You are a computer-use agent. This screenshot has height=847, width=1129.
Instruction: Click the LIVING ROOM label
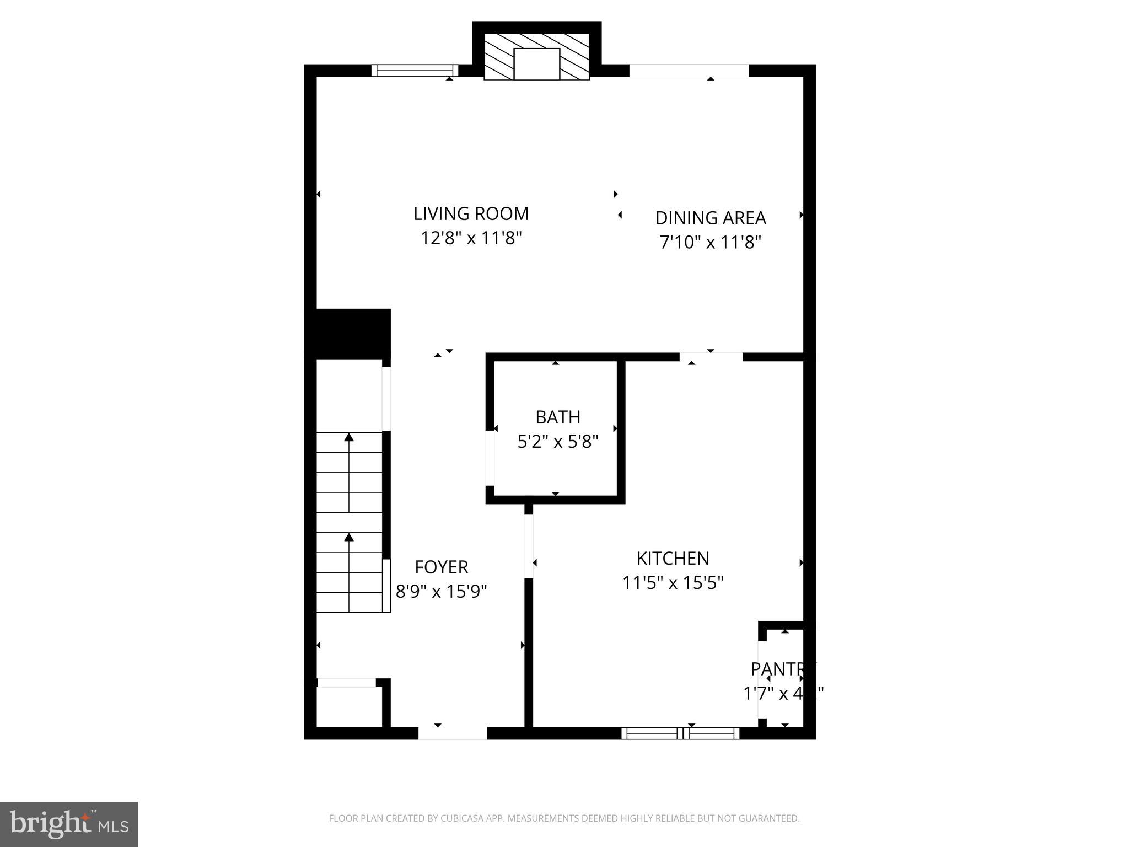[471, 213]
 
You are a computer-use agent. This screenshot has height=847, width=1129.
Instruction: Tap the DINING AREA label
[710, 218]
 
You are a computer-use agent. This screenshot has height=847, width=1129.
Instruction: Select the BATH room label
[558, 417]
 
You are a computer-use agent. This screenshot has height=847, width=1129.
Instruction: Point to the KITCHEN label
[673, 559]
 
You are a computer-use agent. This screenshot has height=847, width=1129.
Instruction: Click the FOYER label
[441, 567]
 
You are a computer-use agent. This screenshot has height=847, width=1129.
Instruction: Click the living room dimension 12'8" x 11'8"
[471, 238]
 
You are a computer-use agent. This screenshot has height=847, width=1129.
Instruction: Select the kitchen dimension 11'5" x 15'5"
[673, 583]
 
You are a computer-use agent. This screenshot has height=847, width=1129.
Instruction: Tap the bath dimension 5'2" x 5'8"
[558, 442]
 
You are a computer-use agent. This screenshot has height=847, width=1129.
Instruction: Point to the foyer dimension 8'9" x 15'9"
[441, 592]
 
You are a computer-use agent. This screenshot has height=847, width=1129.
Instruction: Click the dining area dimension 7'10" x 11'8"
[710, 242]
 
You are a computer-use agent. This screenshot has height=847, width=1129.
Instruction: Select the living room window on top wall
[415, 71]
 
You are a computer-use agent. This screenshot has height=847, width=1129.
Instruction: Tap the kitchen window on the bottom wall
[680, 733]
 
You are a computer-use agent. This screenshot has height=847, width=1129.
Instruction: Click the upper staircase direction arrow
[348, 438]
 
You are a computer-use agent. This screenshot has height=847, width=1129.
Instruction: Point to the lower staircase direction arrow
[348, 537]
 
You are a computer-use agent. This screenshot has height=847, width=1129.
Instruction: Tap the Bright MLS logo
[69, 824]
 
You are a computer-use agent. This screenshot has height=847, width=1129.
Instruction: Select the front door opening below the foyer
[453, 733]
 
